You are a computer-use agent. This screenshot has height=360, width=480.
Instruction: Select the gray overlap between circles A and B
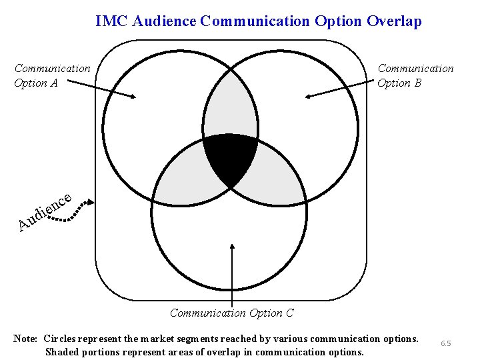pos(230,107)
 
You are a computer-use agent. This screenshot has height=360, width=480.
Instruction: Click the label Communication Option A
pos(52,75)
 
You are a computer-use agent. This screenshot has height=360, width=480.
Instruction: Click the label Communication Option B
pos(415,75)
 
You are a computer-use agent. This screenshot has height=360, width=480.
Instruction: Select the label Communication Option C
pos(231,313)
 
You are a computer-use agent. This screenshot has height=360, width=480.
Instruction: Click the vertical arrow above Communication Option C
pos(231,273)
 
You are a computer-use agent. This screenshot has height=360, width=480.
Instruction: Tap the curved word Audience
pos(44,210)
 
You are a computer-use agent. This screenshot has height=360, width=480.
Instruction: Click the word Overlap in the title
pos(394,21)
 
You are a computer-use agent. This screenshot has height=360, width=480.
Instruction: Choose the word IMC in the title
pos(112,21)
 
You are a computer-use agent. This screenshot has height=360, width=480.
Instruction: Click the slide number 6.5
pos(445,343)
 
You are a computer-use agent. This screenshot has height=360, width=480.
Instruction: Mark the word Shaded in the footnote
pos(62,352)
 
